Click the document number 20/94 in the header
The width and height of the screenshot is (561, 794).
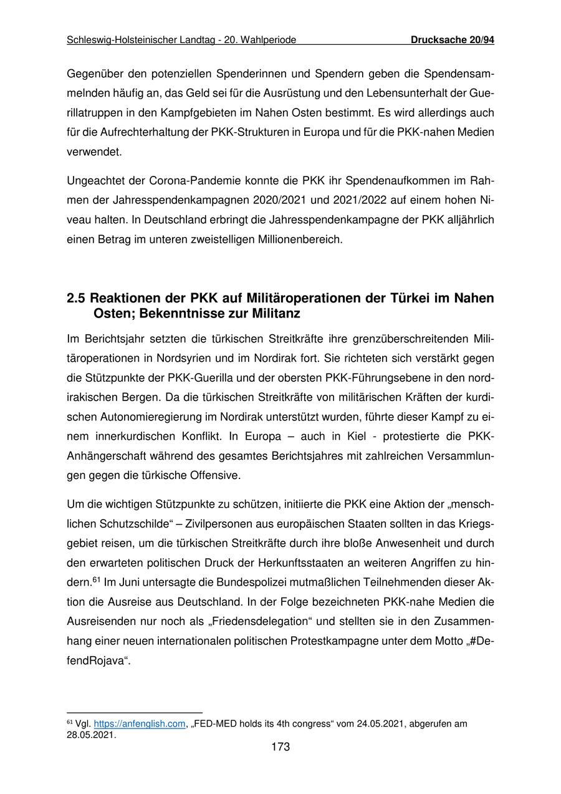pos(481,41)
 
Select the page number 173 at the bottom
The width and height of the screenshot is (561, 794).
pos(280,747)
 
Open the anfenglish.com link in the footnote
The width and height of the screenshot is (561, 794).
pos(140,724)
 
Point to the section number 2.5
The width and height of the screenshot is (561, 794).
pos(77,298)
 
